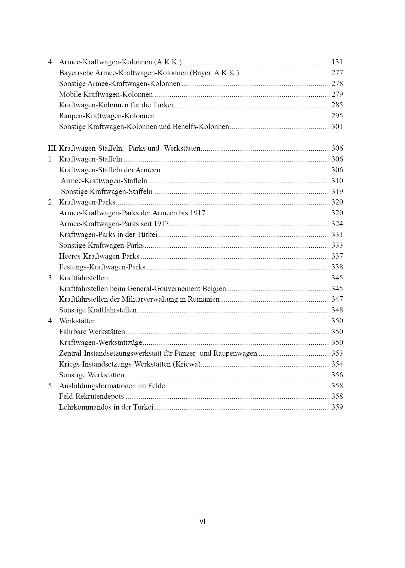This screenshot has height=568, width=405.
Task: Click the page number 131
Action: (337, 62)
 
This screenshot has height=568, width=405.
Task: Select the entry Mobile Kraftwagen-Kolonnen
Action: (106, 94)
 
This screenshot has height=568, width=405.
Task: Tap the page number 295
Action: (337, 116)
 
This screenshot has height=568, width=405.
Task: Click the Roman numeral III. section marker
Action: (53, 148)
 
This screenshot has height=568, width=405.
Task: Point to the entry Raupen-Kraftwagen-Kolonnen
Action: (107, 116)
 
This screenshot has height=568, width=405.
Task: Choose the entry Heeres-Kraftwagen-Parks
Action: (99, 256)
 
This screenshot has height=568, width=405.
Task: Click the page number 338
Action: (337, 267)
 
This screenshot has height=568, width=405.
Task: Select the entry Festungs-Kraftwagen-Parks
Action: (102, 267)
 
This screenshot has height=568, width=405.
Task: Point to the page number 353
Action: (337, 353)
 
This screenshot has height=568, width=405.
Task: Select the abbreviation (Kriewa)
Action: (187, 364)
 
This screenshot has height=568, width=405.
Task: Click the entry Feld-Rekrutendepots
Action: (91, 397)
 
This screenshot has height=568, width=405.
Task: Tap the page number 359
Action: (337, 407)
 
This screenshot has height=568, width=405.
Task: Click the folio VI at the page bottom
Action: (202, 521)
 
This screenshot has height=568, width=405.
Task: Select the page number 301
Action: (337, 127)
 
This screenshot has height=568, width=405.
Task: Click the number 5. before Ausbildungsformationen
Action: (51, 386)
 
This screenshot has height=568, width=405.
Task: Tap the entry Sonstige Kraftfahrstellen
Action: (98, 310)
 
